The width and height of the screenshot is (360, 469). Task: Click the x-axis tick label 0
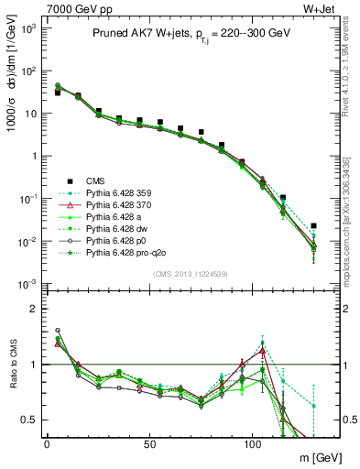(47, 442)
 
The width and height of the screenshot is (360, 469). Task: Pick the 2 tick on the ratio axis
(35, 309)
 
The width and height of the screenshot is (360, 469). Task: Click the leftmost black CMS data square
(58, 93)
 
